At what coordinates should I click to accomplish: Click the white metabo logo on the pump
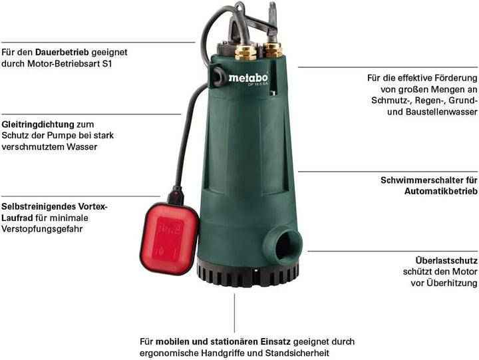(248, 78)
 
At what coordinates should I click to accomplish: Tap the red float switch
(169, 239)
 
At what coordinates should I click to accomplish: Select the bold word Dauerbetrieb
(62, 53)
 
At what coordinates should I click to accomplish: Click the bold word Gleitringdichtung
(38, 124)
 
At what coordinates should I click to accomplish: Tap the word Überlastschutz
(446, 261)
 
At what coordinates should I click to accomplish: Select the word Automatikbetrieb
(441, 191)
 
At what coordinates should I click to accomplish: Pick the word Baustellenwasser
(442, 112)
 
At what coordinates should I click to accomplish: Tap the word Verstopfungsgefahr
(42, 229)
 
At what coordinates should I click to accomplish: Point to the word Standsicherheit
(297, 353)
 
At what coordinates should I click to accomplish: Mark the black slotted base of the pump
(247, 273)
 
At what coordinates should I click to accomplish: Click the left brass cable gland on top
(245, 53)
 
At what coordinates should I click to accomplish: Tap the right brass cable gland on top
(273, 50)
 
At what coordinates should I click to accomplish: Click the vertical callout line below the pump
(234, 313)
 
